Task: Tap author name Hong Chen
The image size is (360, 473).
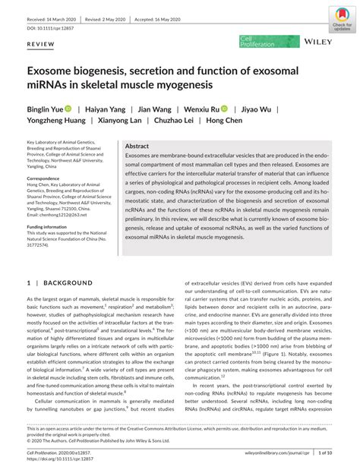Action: click(x=225, y=121)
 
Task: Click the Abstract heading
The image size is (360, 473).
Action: click(x=137, y=146)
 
